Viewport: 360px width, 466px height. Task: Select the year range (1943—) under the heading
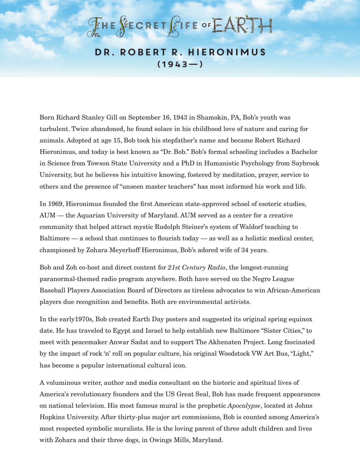coord(180,64)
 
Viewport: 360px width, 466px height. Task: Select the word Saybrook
coord(305,163)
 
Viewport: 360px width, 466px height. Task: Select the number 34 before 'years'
coord(245,250)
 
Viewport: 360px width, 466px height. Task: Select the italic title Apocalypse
coord(244,405)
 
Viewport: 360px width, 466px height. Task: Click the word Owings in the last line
coord(160,440)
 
